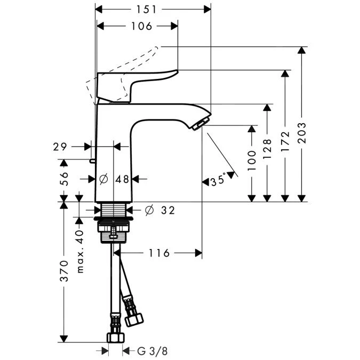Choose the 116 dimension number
pos(159,253)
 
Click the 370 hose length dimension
pos(64,271)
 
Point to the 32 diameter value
pos(167,210)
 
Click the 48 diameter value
pos(122,179)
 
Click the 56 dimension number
pos(64,178)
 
